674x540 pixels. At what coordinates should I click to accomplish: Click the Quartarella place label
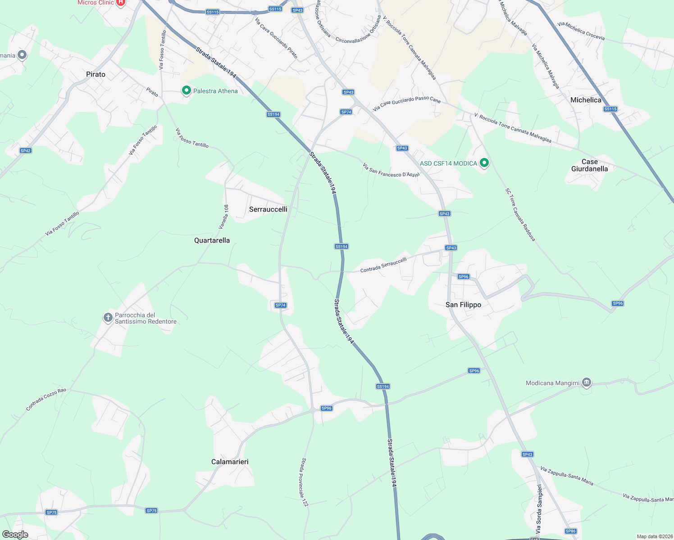(x=212, y=240)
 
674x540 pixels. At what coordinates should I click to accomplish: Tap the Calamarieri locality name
(x=230, y=462)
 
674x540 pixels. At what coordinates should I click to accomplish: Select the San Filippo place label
(x=463, y=305)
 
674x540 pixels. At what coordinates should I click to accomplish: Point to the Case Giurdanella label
(x=589, y=165)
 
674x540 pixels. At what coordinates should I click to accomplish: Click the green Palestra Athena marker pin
(x=186, y=90)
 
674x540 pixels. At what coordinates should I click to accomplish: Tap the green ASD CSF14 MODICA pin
(x=484, y=162)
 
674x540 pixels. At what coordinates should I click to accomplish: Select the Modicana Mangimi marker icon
(x=586, y=382)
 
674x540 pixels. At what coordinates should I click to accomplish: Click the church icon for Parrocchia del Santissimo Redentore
(x=108, y=318)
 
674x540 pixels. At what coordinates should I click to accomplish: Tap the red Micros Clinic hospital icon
(x=120, y=3)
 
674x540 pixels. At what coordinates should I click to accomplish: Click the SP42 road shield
(x=26, y=151)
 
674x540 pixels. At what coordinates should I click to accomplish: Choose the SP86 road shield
(x=570, y=531)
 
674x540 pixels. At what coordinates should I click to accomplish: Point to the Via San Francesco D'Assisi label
(x=391, y=171)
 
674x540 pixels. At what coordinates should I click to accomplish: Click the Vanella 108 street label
(x=224, y=217)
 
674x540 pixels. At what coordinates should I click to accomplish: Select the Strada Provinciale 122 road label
(x=305, y=482)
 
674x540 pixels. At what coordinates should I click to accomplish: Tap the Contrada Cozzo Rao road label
(x=46, y=399)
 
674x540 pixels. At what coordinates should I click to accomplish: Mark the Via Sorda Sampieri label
(x=539, y=508)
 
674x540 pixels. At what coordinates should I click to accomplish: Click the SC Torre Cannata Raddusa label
(x=520, y=215)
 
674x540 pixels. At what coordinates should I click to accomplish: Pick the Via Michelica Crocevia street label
(x=581, y=31)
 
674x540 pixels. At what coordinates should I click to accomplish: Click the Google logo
(x=15, y=535)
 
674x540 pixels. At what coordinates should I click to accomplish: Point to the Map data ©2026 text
(x=654, y=536)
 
